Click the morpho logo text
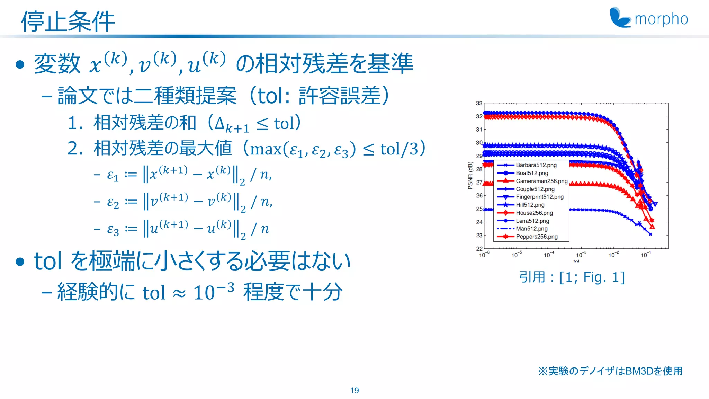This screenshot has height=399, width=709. click(661, 19)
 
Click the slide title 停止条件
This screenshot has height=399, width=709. click(68, 21)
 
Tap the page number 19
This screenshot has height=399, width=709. click(354, 390)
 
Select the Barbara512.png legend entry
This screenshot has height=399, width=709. click(536, 165)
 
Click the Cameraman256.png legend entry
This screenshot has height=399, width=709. click(541, 181)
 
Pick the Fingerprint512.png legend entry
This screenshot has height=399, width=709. click(539, 197)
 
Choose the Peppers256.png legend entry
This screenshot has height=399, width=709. click(537, 237)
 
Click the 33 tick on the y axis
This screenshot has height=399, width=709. click(479, 103)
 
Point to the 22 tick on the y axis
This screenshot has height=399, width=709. click(479, 249)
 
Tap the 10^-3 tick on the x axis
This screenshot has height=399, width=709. click(581, 255)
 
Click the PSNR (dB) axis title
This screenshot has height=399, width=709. click(470, 176)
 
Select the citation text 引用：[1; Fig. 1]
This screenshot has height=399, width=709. click(572, 277)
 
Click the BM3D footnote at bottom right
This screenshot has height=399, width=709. click(610, 371)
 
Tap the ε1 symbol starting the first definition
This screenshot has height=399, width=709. click(113, 175)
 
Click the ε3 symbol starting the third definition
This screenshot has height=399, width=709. click(113, 229)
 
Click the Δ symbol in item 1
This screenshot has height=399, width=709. click(220, 123)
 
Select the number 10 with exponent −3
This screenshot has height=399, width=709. click(204, 293)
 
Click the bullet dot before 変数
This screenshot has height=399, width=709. click(20, 64)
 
